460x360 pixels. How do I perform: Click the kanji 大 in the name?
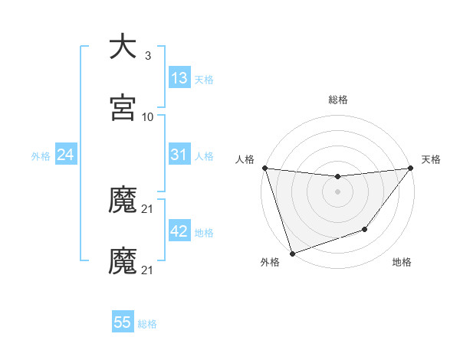click(123, 47)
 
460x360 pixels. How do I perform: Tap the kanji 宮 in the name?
click(123, 108)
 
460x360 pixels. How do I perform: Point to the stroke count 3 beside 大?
click(148, 56)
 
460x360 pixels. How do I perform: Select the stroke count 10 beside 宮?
click(148, 117)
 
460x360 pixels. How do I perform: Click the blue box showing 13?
click(179, 78)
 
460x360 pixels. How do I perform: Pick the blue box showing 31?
click(179, 155)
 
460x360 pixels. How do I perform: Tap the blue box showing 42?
click(179, 231)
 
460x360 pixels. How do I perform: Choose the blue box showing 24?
click(65, 155)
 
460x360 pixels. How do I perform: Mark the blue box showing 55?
click(123, 322)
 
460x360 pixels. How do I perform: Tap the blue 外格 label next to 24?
click(41, 155)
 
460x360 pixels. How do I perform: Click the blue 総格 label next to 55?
click(148, 323)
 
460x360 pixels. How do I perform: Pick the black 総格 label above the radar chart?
click(338, 100)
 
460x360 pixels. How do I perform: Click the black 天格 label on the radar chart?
click(432, 159)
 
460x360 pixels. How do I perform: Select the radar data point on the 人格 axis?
click(265, 168)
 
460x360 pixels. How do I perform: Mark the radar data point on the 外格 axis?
click(292, 252)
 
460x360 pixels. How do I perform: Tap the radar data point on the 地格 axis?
click(365, 229)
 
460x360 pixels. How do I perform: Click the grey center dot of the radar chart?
click(338, 191)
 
